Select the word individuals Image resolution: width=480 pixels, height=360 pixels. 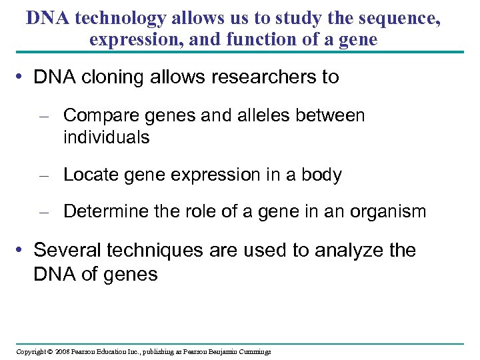[107, 137]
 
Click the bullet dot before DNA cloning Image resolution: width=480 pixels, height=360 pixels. [24, 77]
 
